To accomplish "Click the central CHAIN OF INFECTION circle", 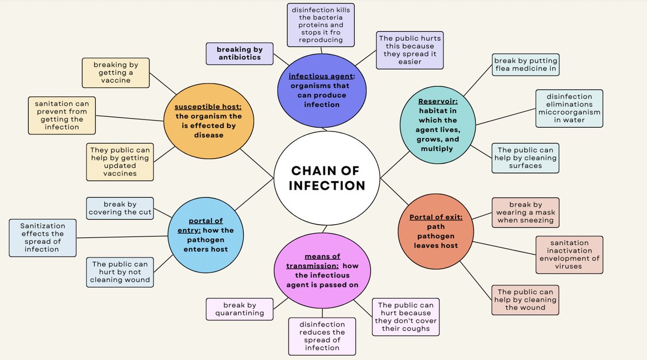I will (327, 178).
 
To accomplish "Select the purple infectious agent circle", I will (322, 89).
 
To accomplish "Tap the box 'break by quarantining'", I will (239, 309).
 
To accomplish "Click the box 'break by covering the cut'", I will (120, 208).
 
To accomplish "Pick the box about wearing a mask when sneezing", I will (525, 212).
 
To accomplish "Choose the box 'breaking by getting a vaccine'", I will (115, 72).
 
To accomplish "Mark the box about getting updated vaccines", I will (120, 162).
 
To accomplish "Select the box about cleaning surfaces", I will (526, 158).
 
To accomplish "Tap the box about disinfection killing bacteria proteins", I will (321, 24).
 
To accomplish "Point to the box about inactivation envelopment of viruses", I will (569, 255).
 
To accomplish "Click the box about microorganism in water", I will (569, 108).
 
